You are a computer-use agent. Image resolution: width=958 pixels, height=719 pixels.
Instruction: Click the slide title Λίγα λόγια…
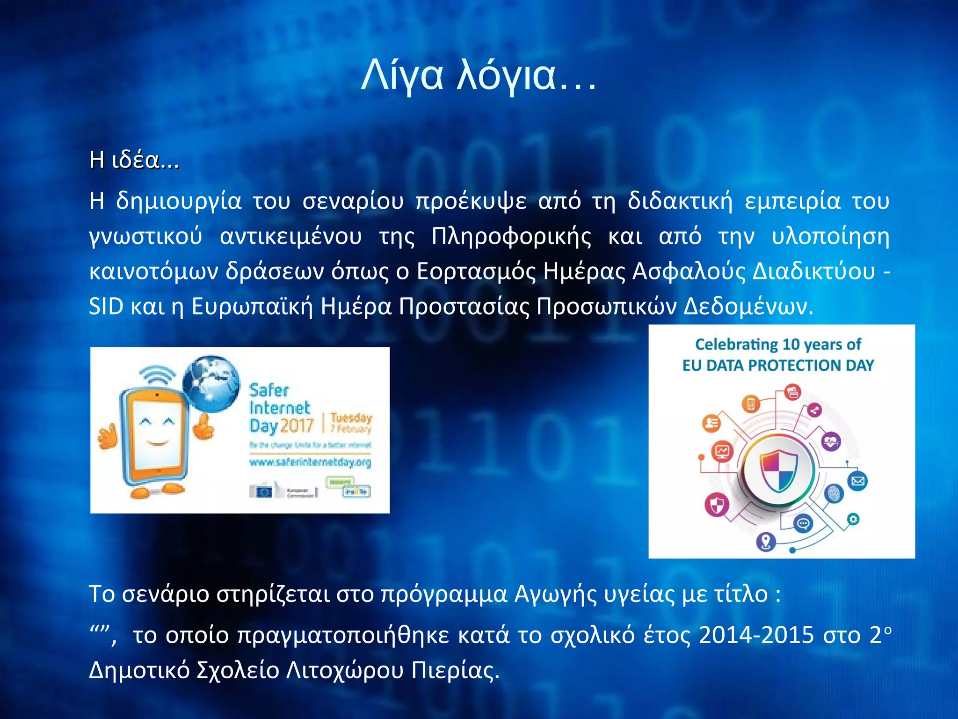pos(479,75)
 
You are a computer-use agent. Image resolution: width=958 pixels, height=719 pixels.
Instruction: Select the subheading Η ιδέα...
pos(134,160)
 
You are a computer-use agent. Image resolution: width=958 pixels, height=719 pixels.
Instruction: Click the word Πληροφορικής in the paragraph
pos(511,236)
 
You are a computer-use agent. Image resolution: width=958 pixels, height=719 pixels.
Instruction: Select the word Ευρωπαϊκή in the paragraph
pos(252,307)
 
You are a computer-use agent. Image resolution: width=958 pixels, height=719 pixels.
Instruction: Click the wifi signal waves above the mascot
pos(158,374)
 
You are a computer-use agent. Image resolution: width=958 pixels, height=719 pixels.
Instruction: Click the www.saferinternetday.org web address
pos(310,462)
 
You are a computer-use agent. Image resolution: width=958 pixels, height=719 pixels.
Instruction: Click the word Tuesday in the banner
pos(351,417)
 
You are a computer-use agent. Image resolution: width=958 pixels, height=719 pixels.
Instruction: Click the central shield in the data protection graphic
pos(778,470)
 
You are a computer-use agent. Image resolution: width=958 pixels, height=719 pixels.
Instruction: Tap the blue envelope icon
pos(857,481)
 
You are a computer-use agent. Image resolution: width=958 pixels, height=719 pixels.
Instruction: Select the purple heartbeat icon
pos(831,441)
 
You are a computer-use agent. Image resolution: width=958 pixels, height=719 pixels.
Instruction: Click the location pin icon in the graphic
pos(766,542)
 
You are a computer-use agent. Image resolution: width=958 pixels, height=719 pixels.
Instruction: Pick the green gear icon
pos(853,519)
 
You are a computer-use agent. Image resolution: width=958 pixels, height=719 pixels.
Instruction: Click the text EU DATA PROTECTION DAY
pos(778,365)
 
